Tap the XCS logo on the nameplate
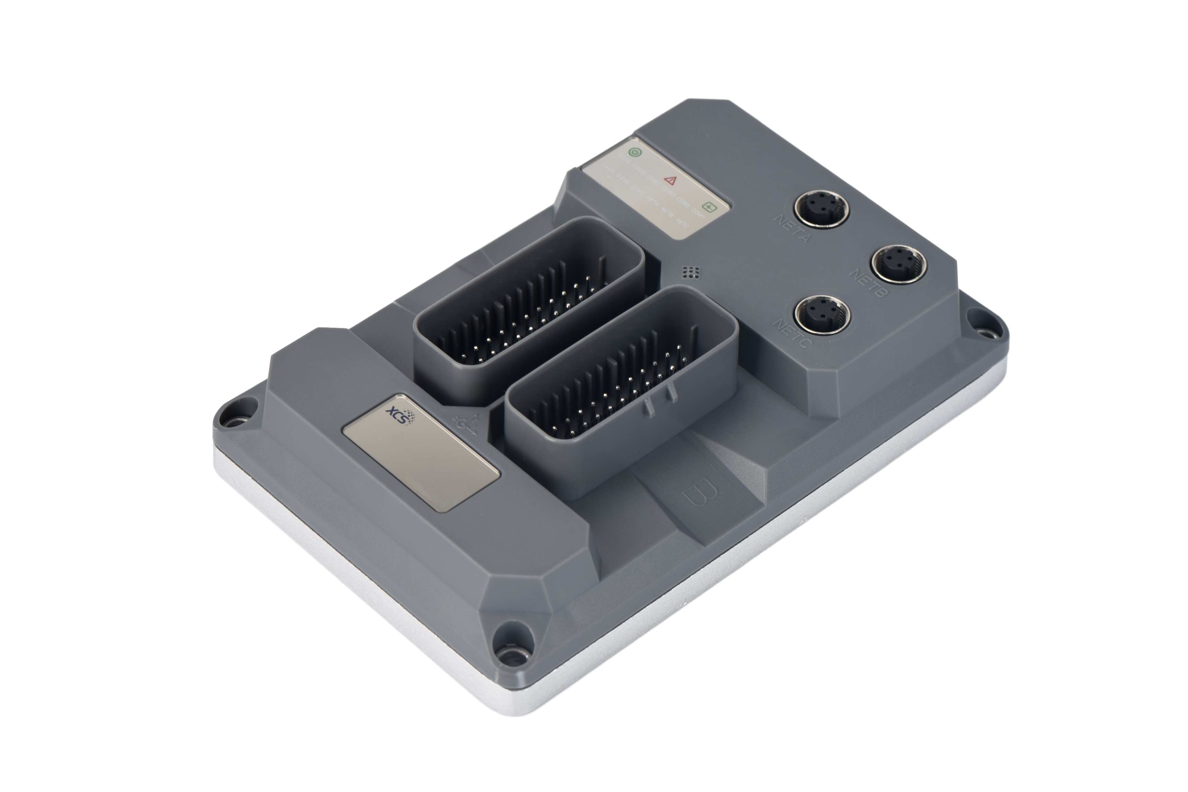[402, 417]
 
